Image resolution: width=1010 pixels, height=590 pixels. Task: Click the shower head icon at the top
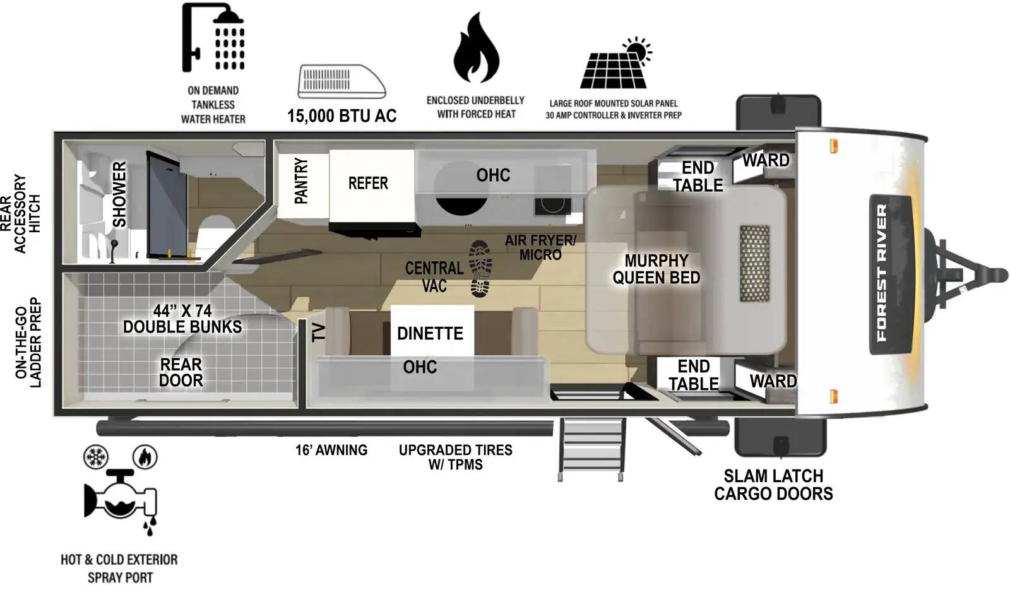click(x=213, y=38)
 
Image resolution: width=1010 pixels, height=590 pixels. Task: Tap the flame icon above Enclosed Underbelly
click(x=476, y=49)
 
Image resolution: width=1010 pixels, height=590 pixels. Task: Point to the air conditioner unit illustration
click(x=341, y=81)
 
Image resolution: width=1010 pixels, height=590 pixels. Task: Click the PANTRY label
click(x=302, y=181)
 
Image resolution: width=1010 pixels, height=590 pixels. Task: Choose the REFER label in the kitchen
click(x=368, y=184)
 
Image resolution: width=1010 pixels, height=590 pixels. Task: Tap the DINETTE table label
click(x=430, y=333)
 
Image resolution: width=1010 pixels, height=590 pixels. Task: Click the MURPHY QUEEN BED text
click(x=656, y=269)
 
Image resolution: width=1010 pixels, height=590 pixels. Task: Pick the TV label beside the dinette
click(x=319, y=331)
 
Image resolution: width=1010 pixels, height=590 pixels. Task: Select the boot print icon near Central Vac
click(x=480, y=269)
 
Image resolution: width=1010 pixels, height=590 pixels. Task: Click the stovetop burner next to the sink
click(x=552, y=205)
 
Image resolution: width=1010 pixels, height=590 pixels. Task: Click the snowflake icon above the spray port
click(x=96, y=456)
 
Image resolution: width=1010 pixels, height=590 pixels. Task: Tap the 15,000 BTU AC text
click(x=342, y=116)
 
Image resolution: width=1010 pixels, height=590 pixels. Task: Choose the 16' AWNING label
click(x=331, y=451)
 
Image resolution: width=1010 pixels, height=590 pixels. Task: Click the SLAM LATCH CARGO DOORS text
click(x=773, y=485)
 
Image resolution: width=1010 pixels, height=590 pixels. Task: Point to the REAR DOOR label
click(x=181, y=372)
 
